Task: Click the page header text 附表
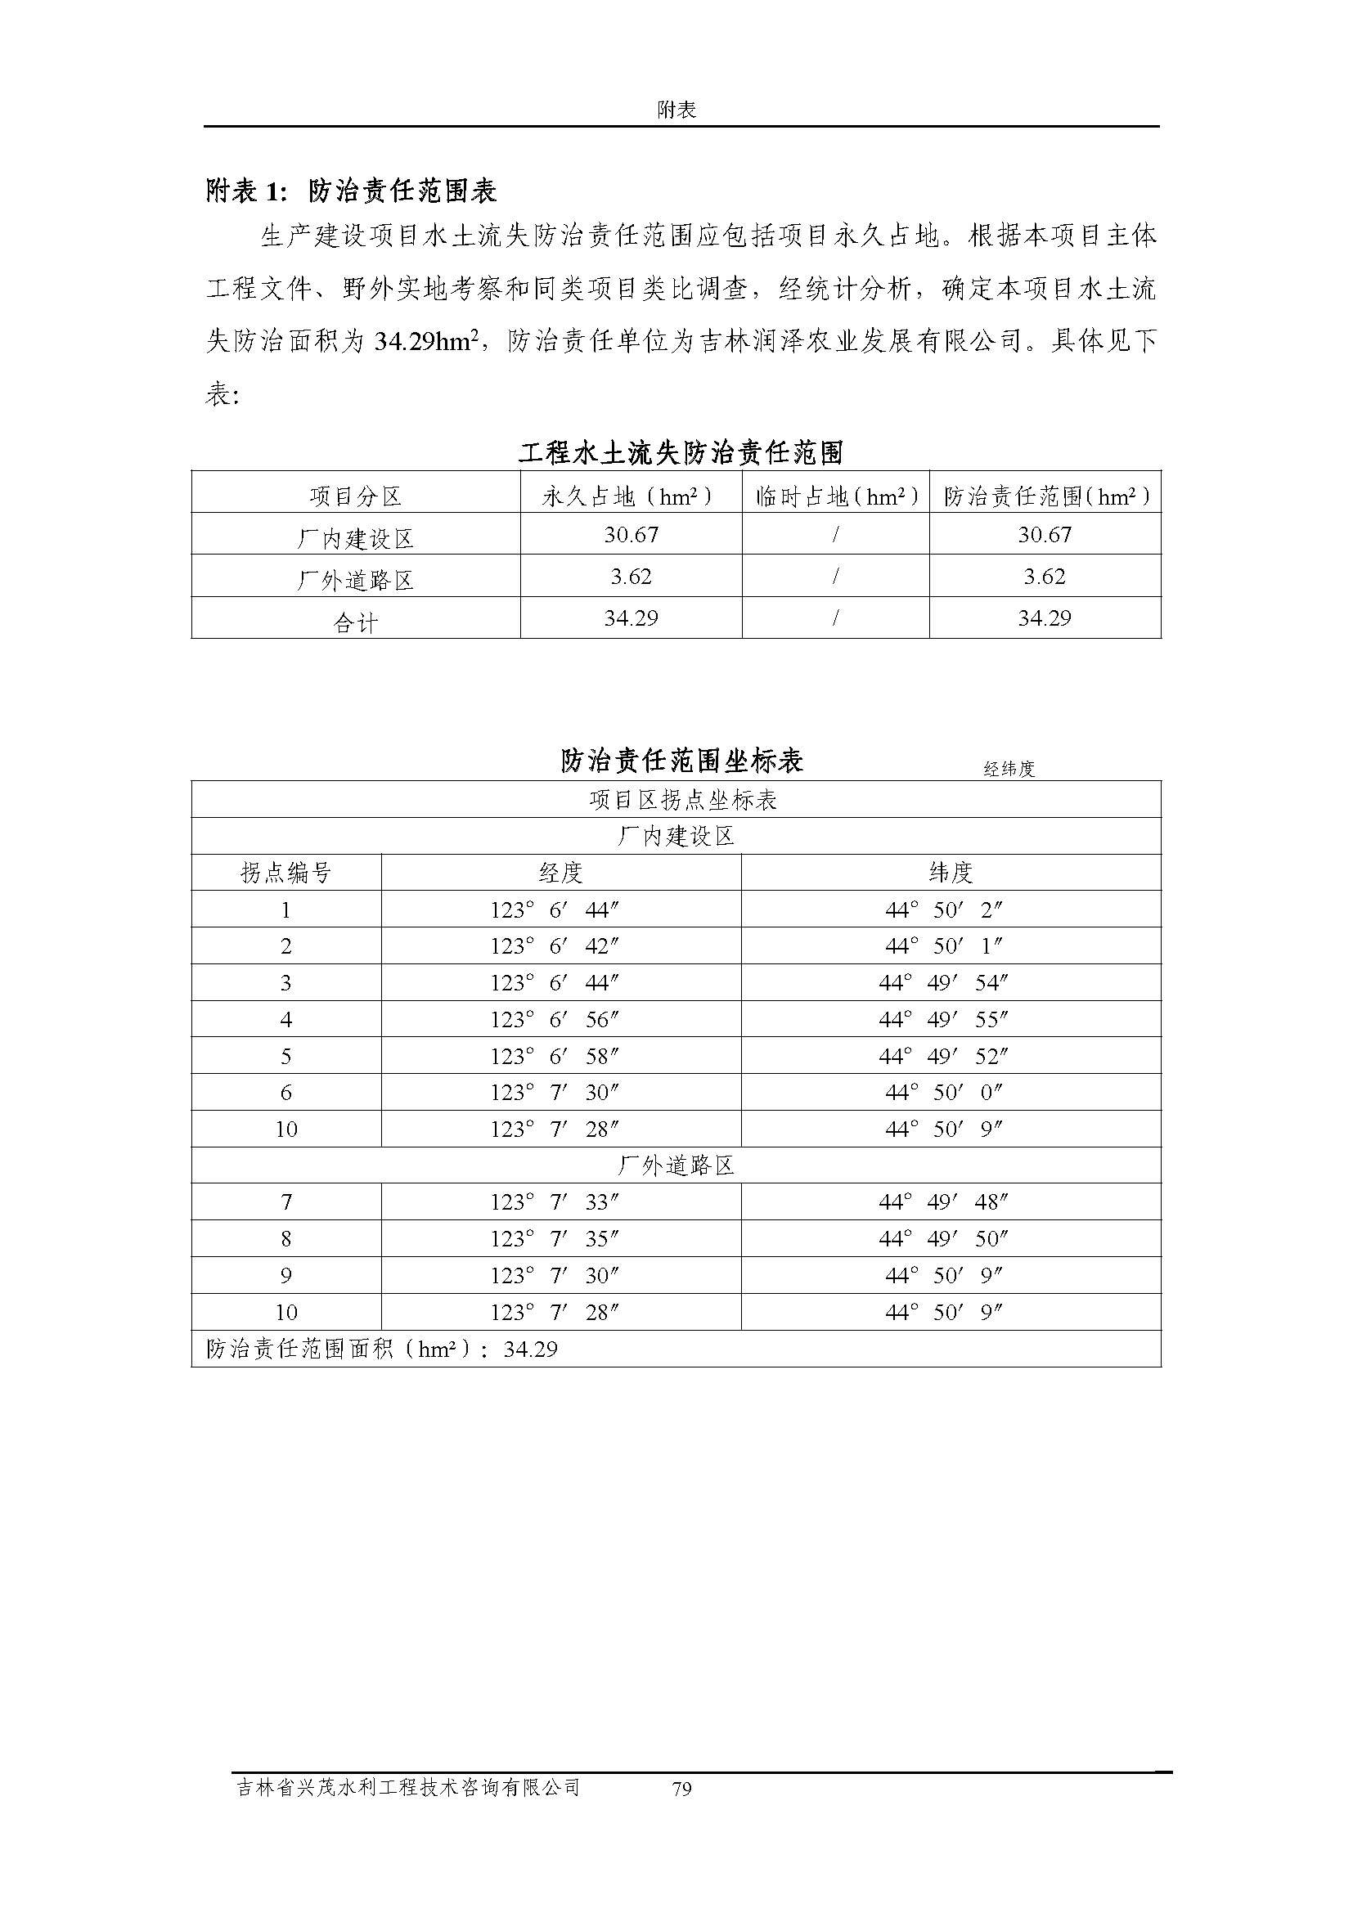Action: click(676, 110)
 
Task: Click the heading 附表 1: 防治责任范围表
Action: click(351, 191)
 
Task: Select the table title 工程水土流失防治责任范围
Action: click(681, 453)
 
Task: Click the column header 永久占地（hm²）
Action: click(630, 496)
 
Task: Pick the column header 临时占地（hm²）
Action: click(836, 496)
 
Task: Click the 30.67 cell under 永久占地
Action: click(631, 535)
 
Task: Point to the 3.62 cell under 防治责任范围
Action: click(1044, 577)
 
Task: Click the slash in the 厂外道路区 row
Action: click(835, 577)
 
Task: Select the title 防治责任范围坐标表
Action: click(681, 761)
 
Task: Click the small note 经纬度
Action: click(1008, 769)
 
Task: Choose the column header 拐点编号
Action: click(285, 873)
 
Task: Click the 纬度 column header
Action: click(950, 873)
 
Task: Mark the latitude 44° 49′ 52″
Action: click(943, 1057)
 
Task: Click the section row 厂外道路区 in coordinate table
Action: click(676, 1165)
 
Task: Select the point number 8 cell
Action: click(285, 1239)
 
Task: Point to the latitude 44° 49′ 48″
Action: click(943, 1202)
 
